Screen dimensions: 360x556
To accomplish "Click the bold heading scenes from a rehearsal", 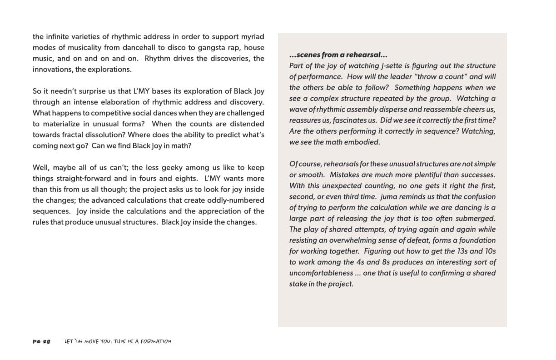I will coord(338,55).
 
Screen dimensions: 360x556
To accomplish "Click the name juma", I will coord(390,196).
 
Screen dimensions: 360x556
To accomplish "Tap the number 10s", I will coord(489,251).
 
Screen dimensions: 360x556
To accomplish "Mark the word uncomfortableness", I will coord(321,273).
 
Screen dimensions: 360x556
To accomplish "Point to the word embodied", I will coord(364,142).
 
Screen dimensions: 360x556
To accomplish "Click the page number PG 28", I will coord(41,341).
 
